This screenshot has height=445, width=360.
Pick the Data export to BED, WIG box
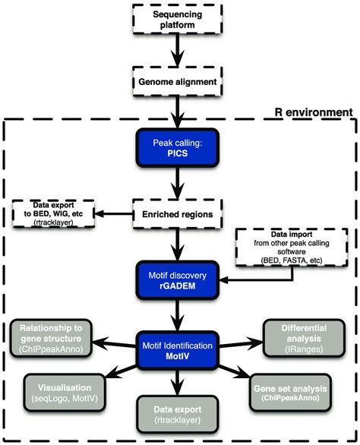tap(50, 216)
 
